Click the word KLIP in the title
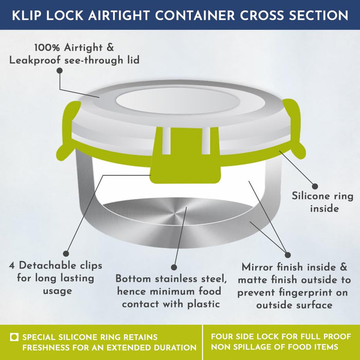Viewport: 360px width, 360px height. tap(25, 15)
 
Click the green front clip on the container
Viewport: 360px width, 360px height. tap(185, 155)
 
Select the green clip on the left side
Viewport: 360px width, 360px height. tap(68, 130)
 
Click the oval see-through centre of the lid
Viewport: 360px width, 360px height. tap(178, 101)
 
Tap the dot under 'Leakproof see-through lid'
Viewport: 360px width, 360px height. tap(60, 70)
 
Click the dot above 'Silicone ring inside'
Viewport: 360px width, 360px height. tap(315, 186)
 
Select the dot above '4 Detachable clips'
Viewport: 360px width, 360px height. tap(66, 254)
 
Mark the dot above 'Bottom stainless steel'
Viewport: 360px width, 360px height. tap(174, 267)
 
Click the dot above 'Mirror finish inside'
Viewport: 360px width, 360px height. tap(287, 255)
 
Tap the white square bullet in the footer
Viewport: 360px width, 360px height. tap(14, 337)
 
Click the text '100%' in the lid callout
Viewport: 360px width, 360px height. tap(47, 48)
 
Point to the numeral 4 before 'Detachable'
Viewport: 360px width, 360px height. tap(12, 266)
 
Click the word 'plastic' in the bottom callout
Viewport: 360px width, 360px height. tap(204, 304)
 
